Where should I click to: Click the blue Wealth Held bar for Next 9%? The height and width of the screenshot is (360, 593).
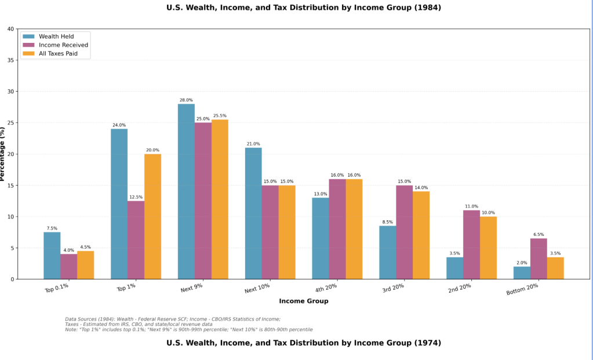tap(186, 191)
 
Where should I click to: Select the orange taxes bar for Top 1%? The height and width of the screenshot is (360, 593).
tap(152, 216)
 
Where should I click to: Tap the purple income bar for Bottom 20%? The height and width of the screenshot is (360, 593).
tap(539, 259)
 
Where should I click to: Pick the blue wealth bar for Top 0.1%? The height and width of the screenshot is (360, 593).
tap(52, 256)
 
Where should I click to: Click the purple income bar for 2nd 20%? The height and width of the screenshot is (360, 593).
tap(471, 245)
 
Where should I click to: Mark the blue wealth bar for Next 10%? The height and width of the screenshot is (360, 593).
tap(253, 213)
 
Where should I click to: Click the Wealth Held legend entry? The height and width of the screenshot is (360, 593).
tap(56, 36)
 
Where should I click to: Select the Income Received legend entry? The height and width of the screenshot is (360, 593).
tap(63, 45)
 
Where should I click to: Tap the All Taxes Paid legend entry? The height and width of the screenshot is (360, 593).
tap(58, 53)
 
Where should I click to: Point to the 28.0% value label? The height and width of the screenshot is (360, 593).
tap(186, 100)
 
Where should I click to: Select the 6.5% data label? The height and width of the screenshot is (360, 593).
tap(539, 235)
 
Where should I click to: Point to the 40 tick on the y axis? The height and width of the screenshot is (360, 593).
tap(11, 29)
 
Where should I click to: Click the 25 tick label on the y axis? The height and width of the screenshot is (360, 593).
tap(11, 123)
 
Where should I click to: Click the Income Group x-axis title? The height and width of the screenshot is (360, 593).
tap(304, 301)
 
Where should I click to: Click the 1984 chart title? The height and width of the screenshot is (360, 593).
tap(304, 8)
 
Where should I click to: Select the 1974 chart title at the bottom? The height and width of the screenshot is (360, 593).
tap(304, 343)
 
